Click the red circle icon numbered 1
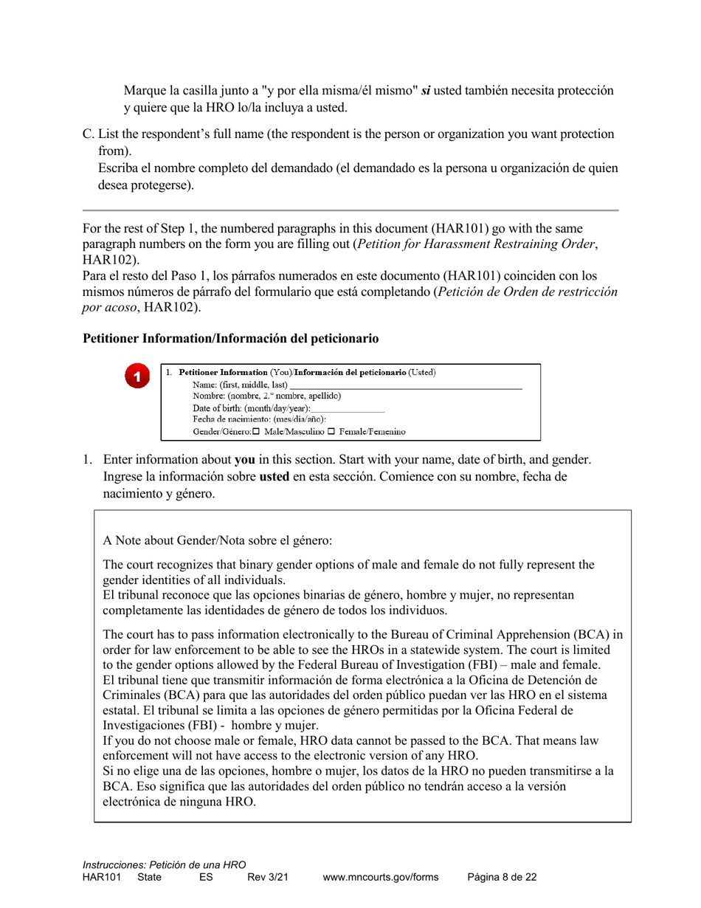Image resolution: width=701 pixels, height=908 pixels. [137, 376]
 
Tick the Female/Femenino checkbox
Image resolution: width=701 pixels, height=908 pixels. [331, 432]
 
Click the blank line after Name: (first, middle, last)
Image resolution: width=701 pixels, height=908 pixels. [406, 385]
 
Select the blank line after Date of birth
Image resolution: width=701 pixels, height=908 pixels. [348, 408]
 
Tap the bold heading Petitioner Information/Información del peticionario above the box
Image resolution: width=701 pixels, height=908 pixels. [230, 338]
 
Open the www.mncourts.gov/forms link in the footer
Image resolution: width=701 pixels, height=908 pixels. [380, 877]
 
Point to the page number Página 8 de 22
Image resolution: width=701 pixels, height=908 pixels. [502, 877]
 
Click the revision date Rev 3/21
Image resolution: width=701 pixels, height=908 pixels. [267, 877]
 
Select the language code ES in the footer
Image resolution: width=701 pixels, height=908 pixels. [206, 877]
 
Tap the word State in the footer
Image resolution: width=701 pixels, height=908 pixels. [149, 877]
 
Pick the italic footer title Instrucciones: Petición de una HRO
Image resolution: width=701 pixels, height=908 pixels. [164, 864]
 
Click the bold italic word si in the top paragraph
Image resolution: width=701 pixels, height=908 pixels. [426, 90]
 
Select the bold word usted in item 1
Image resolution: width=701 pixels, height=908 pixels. [274, 476]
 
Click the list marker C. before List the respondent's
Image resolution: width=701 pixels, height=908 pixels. [88, 134]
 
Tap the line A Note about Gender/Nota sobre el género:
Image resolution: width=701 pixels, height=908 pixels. [218, 540]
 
